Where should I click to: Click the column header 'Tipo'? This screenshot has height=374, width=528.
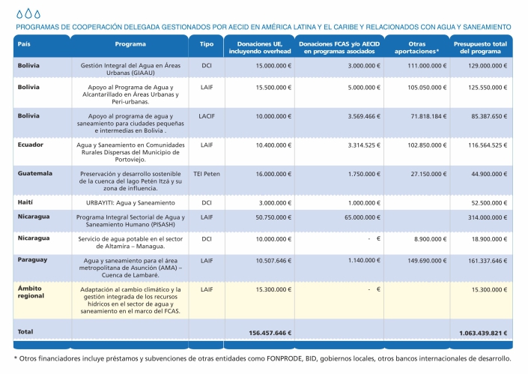coord(207,44)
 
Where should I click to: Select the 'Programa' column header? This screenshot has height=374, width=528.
coord(130,44)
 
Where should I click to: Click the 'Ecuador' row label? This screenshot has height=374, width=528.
coord(31,143)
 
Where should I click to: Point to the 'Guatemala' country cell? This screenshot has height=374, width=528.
coord(35,173)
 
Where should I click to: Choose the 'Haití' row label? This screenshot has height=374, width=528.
coord(27,202)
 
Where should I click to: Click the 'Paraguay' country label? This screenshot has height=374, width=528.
coord(33,259)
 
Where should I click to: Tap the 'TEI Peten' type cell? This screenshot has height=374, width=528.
coord(207,173)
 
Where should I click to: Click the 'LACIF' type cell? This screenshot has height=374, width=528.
coord(207,116)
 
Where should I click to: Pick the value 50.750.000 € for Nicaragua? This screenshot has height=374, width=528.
coord(273,216)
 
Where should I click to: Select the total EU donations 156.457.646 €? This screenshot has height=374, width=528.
coord(270,332)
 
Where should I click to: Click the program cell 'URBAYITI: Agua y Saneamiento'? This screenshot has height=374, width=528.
coord(130,203)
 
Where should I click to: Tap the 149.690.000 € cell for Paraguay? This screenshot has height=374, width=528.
coord(419,260)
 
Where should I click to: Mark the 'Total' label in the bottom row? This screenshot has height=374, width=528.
coord(25,331)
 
